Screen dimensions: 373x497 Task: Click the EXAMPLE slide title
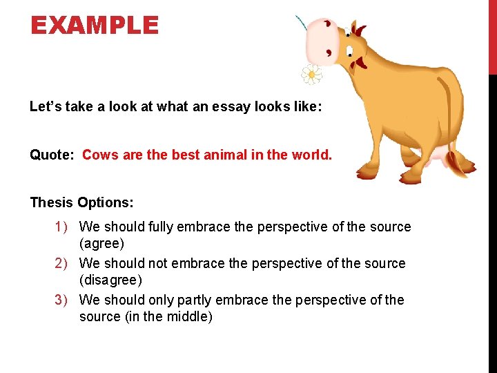[x=95, y=26]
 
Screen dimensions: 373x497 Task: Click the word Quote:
[x=52, y=155]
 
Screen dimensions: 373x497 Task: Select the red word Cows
[x=99, y=155]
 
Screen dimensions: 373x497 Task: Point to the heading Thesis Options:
[x=81, y=202]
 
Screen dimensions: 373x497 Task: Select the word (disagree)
[x=111, y=280]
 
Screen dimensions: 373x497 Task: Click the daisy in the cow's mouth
[x=312, y=73]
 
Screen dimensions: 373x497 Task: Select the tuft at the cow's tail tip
[x=460, y=166]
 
